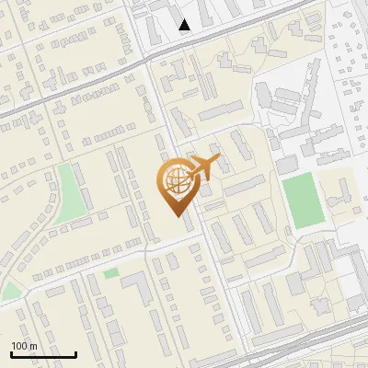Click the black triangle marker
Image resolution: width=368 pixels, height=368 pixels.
pyautogui.click(x=185, y=25)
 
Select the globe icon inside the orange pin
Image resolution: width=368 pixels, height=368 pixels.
pyautogui.click(x=175, y=182)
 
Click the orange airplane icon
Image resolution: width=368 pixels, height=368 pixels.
pyautogui.click(x=201, y=168)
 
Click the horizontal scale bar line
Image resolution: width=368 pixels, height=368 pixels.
pyautogui.click(x=42, y=354)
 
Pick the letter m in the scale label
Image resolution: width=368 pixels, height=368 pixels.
pyautogui.click(x=33, y=346)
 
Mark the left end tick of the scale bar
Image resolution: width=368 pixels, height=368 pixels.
pyautogui.click(x=10, y=352)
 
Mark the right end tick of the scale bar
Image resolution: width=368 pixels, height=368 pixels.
pyautogui.click(x=75, y=352)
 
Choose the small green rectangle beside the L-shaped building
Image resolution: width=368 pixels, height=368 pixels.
pyautogui.click(x=111, y=273)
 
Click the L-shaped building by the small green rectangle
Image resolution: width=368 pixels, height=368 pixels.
pyautogui.click(x=138, y=287)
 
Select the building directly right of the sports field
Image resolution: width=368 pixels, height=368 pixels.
pyautogui.click(x=338, y=194)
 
